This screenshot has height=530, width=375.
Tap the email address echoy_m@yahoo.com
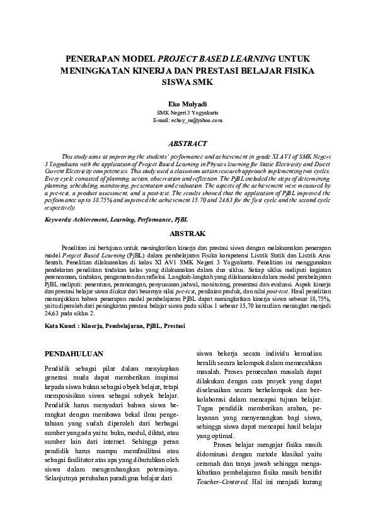tap(187, 119)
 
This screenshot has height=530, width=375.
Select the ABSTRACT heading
tap(187, 143)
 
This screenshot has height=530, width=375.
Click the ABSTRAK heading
tap(187, 232)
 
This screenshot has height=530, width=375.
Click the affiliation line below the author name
tap(187, 111)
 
